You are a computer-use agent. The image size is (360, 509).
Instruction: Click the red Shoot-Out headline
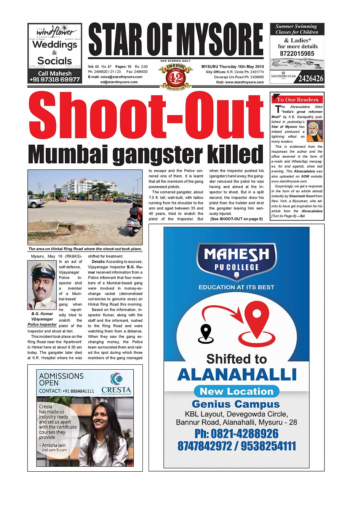pos(146,115)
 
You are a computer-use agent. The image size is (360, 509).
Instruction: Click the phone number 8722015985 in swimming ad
pos(297,54)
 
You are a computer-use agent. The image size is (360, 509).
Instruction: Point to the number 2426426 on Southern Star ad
pos(310,79)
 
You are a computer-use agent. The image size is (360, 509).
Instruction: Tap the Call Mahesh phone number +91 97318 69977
pos(54,80)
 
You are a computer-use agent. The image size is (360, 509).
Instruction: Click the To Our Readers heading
pos(298,100)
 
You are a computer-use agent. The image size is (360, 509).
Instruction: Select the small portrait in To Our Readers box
pos(315,131)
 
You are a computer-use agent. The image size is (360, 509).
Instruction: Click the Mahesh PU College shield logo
pos(236,261)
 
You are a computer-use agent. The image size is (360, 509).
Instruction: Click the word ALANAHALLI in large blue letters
pos(237,375)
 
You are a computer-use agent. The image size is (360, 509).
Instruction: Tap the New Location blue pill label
pos(237,391)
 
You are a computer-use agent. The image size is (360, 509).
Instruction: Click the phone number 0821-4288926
pos(236,434)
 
